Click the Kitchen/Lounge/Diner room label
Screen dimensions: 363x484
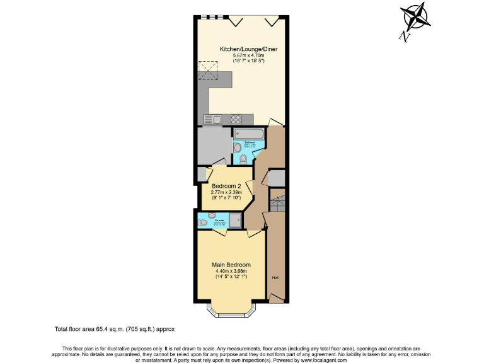point(248,49)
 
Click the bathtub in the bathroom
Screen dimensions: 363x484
point(249,134)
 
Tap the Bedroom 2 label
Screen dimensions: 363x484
point(226,186)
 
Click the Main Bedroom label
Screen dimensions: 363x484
point(231,265)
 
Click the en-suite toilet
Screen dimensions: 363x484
point(203,222)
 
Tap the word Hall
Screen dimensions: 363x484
point(275,277)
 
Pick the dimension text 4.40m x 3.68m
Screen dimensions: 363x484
point(231,272)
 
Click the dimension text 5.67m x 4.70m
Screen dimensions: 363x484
point(248,56)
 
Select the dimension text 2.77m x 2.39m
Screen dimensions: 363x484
point(226,193)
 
